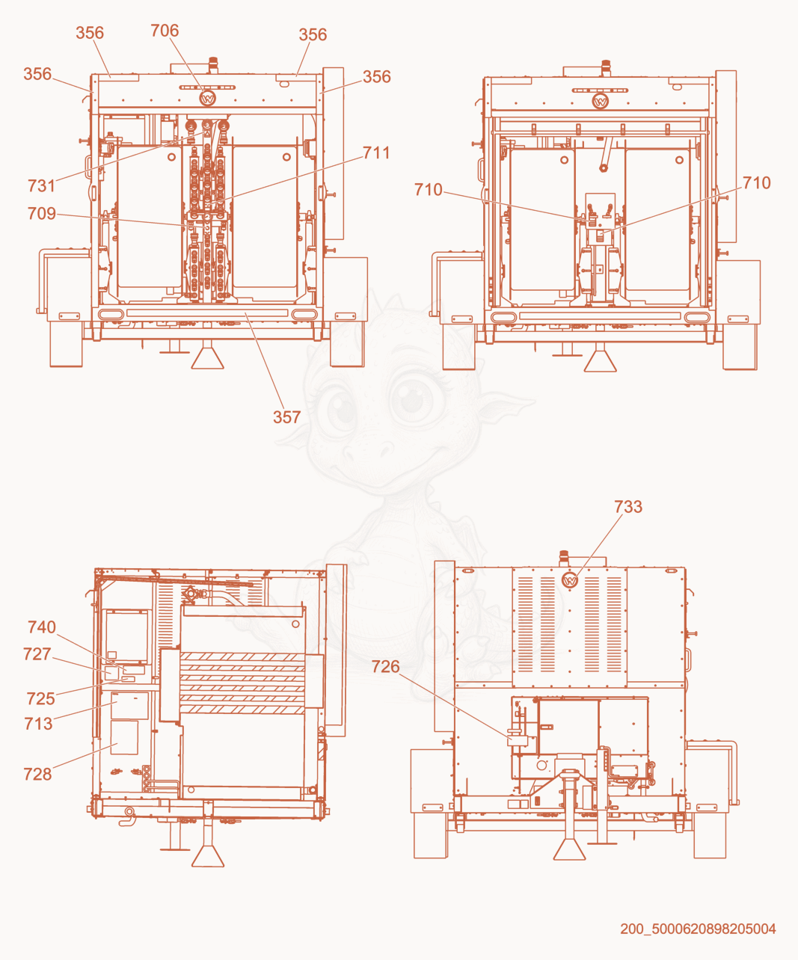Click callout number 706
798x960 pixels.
click(165, 31)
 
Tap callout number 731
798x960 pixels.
click(41, 185)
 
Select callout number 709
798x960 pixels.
click(42, 213)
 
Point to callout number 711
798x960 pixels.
click(376, 153)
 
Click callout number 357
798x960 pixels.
click(287, 417)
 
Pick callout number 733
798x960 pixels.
click(628, 507)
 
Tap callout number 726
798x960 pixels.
click(385, 667)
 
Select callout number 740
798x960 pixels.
click(42, 627)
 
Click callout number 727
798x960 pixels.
click(37, 653)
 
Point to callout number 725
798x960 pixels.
click(41, 699)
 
